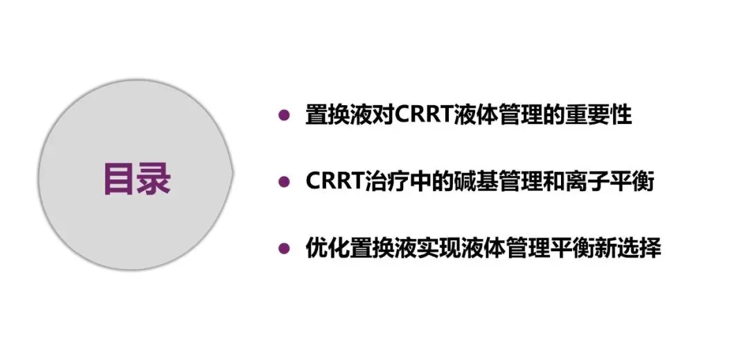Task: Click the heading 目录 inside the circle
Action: click(x=136, y=179)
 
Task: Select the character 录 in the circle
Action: click(x=154, y=179)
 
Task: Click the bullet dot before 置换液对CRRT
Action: click(x=283, y=116)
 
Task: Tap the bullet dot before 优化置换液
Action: click(x=283, y=248)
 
